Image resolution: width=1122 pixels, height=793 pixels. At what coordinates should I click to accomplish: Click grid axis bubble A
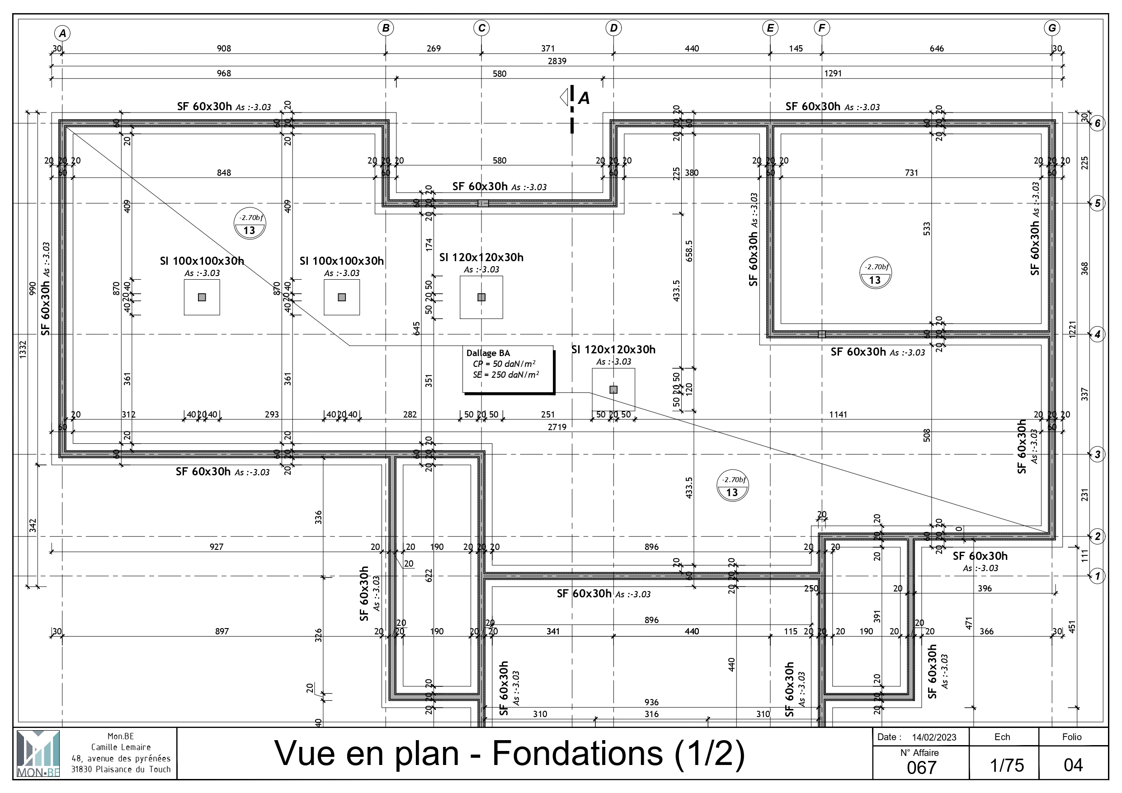tap(62, 33)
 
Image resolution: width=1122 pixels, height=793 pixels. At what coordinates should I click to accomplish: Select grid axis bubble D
tap(613, 28)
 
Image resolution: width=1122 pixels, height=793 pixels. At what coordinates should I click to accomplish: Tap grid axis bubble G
tap(1051, 28)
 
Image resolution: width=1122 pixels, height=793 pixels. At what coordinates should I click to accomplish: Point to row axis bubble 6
tap(1098, 123)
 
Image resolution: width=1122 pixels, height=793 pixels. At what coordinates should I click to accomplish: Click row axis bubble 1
tap(1098, 576)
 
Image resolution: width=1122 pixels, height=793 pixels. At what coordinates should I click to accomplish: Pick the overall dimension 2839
tap(557, 61)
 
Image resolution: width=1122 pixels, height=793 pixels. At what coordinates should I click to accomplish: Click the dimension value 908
tap(224, 48)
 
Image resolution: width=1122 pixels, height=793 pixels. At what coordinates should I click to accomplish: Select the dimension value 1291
tap(833, 73)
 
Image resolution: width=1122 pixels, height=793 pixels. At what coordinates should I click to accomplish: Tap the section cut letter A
tap(584, 98)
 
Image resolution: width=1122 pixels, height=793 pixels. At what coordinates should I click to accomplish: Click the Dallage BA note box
tap(508, 368)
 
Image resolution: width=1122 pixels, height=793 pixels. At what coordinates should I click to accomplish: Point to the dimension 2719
tap(557, 427)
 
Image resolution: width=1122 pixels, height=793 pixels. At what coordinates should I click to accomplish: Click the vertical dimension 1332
tap(23, 350)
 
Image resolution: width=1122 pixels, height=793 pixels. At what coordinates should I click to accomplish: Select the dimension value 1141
tap(838, 414)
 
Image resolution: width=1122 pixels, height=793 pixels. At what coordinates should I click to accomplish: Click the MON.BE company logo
tap(38, 753)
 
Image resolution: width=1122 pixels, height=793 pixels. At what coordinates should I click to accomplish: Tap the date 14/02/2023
tap(934, 737)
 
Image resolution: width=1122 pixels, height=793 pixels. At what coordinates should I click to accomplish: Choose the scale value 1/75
tap(1007, 765)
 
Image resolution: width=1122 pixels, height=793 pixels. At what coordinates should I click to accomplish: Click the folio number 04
tap(1073, 765)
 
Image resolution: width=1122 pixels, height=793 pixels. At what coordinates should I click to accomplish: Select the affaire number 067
tap(921, 768)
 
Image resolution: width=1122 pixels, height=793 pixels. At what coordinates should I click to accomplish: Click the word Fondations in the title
tap(577, 753)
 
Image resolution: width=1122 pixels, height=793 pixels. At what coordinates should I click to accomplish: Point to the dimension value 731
tap(911, 173)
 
